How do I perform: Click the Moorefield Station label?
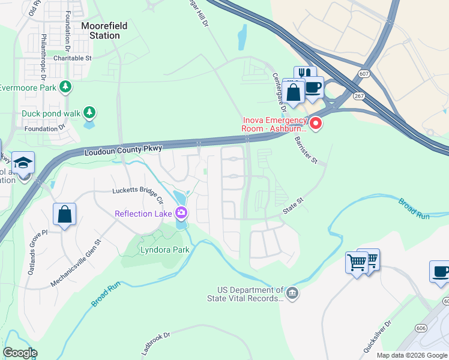[101, 31]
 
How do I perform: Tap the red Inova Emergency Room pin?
[315, 124]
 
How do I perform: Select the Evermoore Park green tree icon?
[65, 88]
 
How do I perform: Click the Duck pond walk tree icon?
[89, 112]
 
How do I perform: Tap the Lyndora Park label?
[164, 250]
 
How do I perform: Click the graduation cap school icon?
[23, 163]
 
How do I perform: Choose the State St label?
[294, 206]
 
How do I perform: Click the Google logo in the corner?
[20, 352]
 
